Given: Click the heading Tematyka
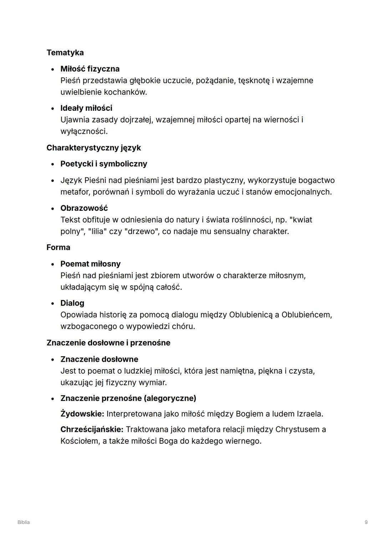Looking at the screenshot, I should [x=65, y=53].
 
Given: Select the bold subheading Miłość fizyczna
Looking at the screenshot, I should [x=90, y=69].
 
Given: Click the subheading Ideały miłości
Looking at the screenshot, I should [x=86, y=108].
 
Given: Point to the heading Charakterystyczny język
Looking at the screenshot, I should [x=93, y=148].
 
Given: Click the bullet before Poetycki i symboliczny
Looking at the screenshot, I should [x=53, y=164].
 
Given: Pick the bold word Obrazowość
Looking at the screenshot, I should [x=84, y=208].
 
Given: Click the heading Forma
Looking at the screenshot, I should [x=58, y=247].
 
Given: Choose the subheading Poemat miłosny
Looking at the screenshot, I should [x=91, y=264].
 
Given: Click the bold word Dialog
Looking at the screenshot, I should [x=72, y=303].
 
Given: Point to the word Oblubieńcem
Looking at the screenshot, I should [x=306, y=315].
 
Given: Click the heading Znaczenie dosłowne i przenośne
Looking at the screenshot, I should [x=108, y=343].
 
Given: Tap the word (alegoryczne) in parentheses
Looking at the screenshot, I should [x=170, y=398].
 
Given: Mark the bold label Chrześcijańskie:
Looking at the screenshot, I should [x=92, y=430].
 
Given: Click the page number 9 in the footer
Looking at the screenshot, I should [x=366, y=522].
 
